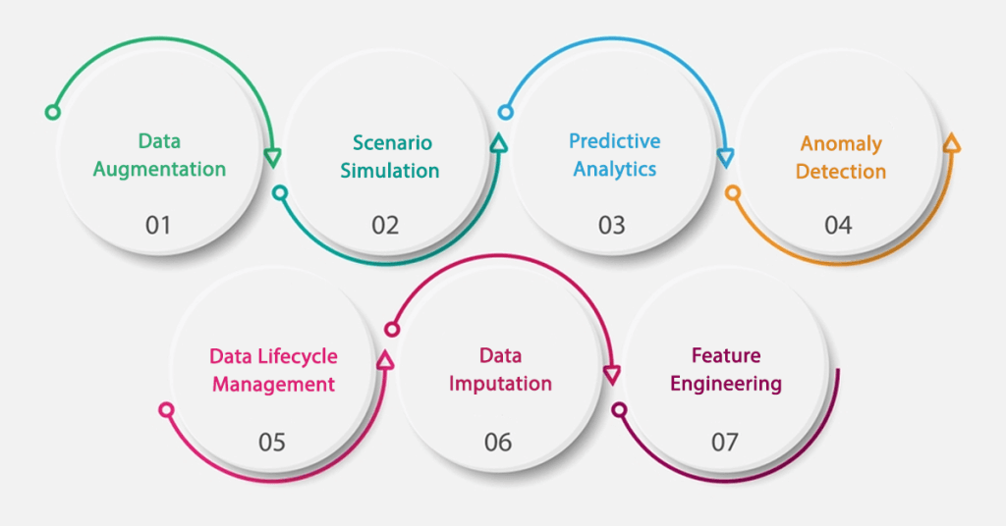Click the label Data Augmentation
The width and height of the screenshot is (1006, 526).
point(159,155)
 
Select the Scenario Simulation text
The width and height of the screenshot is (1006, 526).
point(390,157)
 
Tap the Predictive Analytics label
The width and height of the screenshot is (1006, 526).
point(615,155)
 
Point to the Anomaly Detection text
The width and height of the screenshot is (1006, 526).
point(841,157)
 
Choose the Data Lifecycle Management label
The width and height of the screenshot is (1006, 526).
point(273,370)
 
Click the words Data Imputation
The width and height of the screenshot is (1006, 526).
point(500,369)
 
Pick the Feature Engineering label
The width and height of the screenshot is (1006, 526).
point(726,369)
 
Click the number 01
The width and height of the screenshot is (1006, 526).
point(158,226)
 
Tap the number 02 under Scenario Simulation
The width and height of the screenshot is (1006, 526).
point(385,226)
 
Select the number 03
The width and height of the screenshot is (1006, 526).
point(611,226)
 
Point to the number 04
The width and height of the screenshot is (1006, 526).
point(838,226)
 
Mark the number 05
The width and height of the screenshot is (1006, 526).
point(272,443)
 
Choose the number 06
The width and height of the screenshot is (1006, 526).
point(498,443)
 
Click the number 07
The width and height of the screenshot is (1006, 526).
point(725,443)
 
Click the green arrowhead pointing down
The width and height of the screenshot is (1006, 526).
point(273,157)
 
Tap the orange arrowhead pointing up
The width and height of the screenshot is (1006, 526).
point(951,144)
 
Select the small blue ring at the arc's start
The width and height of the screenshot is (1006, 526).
point(505,113)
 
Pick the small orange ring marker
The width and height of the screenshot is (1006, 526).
point(732,193)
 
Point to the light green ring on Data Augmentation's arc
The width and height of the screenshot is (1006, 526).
point(52,113)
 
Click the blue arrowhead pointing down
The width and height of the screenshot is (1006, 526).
point(726,158)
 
